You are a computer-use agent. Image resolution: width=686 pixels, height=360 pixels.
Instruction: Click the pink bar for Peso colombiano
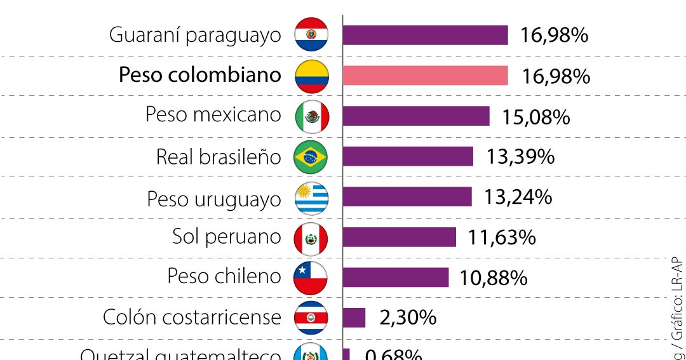click(x=425, y=76)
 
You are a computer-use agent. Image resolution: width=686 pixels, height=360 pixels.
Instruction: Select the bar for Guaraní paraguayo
click(x=425, y=35)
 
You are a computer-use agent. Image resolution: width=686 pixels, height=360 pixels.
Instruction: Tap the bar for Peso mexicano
click(x=416, y=116)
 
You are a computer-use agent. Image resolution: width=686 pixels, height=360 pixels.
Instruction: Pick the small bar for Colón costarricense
click(x=354, y=317)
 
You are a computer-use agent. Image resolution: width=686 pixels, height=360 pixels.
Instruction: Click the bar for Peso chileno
click(x=395, y=277)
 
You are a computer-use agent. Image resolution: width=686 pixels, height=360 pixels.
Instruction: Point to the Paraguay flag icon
click(x=311, y=35)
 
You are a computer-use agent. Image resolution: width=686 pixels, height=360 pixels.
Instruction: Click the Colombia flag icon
click(x=311, y=76)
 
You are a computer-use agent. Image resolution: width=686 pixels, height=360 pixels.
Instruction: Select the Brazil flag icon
click(x=311, y=157)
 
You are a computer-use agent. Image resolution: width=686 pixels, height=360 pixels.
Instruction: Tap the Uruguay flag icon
click(x=311, y=198)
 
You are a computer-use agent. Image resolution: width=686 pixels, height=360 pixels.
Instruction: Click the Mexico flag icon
click(x=312, y=116)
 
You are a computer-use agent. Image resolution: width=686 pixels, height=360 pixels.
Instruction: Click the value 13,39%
click(x=520, y=157)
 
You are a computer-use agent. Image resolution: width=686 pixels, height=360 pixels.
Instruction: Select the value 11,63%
click(x=502, y=237)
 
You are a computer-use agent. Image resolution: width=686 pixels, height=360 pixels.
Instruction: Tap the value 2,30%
click(x=408, y=317)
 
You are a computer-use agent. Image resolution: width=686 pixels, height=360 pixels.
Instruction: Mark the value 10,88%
click(x=494, y=278)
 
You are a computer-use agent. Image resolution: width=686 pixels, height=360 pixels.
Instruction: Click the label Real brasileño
click(x=218, y=157)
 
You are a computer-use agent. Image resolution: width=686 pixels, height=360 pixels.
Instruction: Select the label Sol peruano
click(x=226, y=237)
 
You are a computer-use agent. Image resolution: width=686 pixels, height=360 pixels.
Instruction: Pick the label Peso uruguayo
click(x=213, y=199)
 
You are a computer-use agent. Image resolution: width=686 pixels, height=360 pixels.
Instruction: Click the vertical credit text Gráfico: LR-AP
click(x=678, y=298)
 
